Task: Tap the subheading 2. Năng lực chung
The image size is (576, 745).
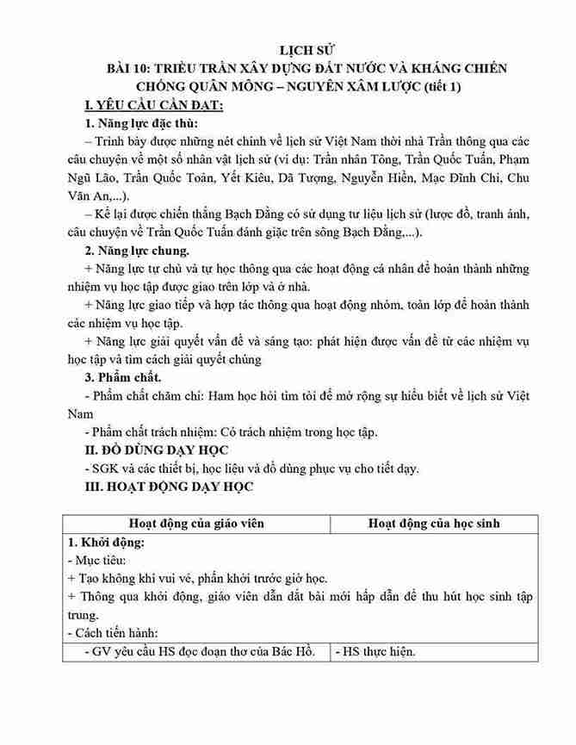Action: pyautogui.click(x=138, y=251)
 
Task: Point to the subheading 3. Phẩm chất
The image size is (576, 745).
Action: pyautogui.click(x=124, y=376)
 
